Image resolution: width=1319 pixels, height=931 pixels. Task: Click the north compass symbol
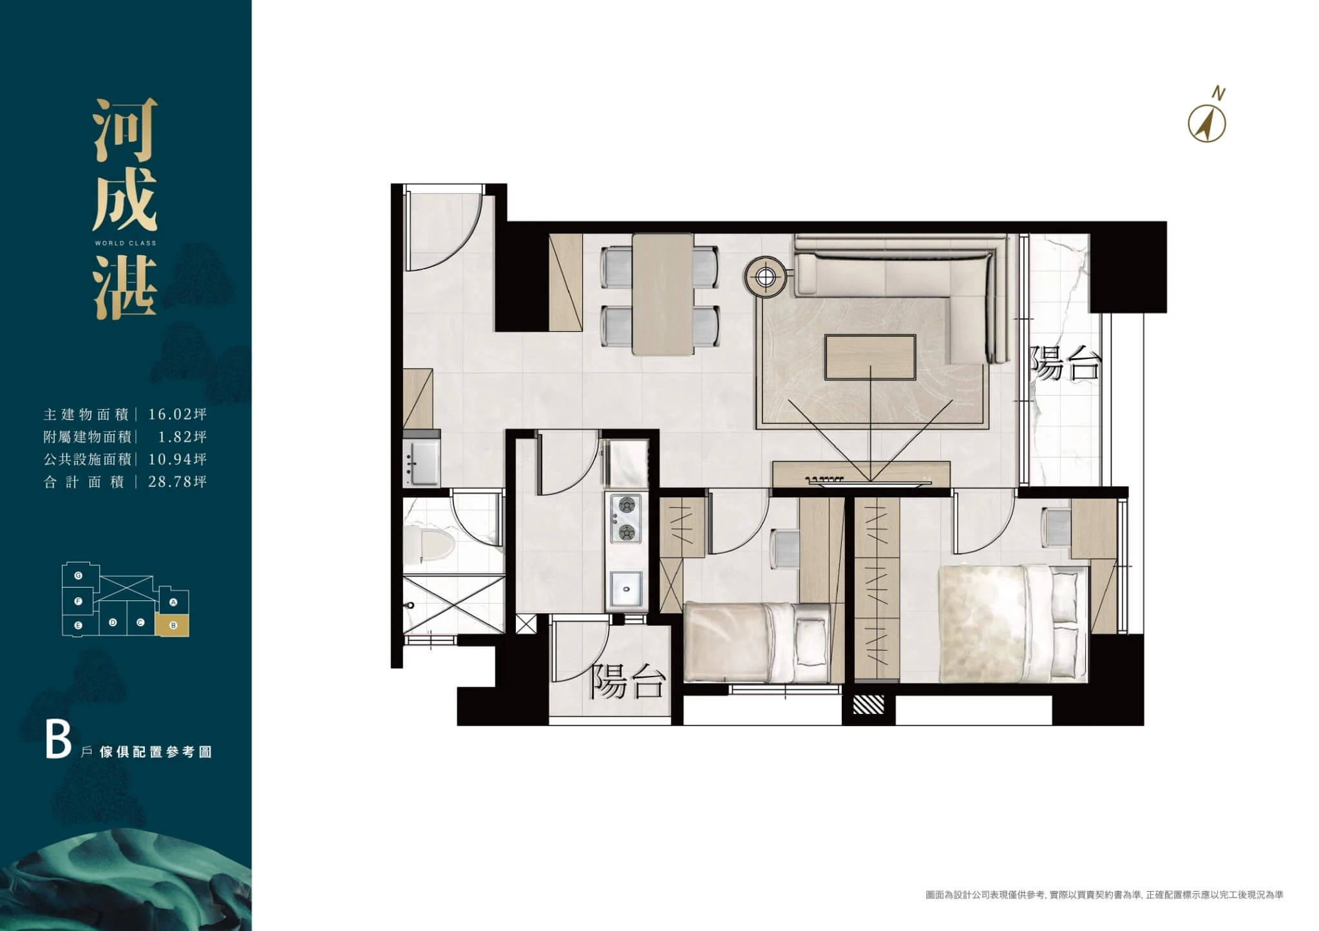[1207, 123]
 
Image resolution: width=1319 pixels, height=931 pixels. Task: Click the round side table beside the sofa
[765, 277]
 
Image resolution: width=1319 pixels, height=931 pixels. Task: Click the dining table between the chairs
[663, 294]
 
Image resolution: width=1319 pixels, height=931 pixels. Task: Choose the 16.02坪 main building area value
[178, 414]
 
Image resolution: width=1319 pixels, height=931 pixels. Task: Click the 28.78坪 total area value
[178, 481]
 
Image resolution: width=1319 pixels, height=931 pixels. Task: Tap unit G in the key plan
[78, 575]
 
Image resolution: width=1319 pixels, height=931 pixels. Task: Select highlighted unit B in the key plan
[173, 625]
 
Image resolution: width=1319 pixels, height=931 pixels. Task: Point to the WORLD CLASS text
[126, 244]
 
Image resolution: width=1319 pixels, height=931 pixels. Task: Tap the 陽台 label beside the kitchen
[627, 682]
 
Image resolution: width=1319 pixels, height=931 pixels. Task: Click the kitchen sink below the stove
[625, 589]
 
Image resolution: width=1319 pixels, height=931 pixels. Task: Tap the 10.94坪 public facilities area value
[178, 459]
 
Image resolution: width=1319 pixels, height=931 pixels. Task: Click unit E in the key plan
[78, 625]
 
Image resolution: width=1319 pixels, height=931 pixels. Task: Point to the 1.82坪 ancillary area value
[183, 437]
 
